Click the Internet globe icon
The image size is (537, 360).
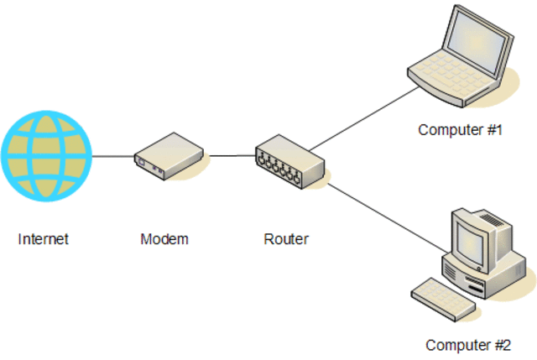pyautogui.click(x=46, y=158)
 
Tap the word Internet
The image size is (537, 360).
pyautogui.click(x=43, y=239)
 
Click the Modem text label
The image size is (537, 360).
pyautogui.click(x=164, y=239)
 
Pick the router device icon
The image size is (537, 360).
pyautogui.click(x=290, y=161)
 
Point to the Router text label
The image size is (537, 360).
pyautogui.click(x=286, y=239)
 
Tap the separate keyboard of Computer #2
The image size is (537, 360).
pyautogui.click(x=444, y=298)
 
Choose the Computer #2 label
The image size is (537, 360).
pyautogui.click(x=467, y=345)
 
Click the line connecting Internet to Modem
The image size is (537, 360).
pyautogui.click(x=112, y=156)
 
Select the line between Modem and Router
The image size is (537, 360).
pyautogui.click(x=232, y=155)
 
